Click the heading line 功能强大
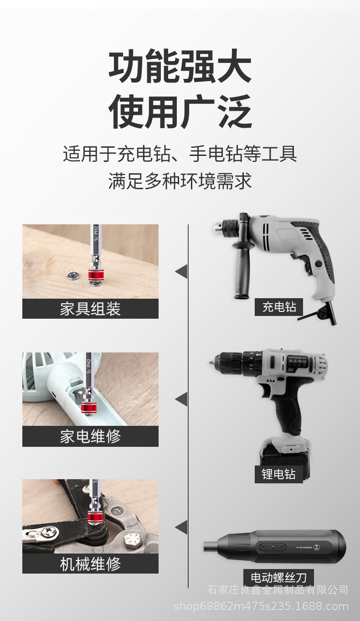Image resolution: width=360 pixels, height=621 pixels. click(x=180, y=67)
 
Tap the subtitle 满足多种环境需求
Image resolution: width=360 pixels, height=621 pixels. click(x=180, y=181)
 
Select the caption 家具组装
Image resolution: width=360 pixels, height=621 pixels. click(x=90, y=309)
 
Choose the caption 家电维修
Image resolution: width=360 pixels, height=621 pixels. click(x=90, y=436)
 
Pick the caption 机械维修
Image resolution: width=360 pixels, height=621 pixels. click(x=90, y=564)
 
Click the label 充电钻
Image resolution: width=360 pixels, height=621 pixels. click(x=278, y=307)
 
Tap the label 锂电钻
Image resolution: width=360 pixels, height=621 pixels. click(x=278, y=474)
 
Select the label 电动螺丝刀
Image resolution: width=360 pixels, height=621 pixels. click(x=278, y=578)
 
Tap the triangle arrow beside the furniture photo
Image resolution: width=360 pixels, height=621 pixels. click(x=181, y=271)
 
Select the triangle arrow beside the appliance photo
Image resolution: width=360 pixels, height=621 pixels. click(x=181, y=399)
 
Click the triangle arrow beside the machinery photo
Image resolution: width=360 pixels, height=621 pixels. click(x=181, y=527)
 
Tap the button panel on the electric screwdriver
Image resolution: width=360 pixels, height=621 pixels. click(x=272, y=547)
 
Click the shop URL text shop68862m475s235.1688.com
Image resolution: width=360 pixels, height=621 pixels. click(x=261, y=606)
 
